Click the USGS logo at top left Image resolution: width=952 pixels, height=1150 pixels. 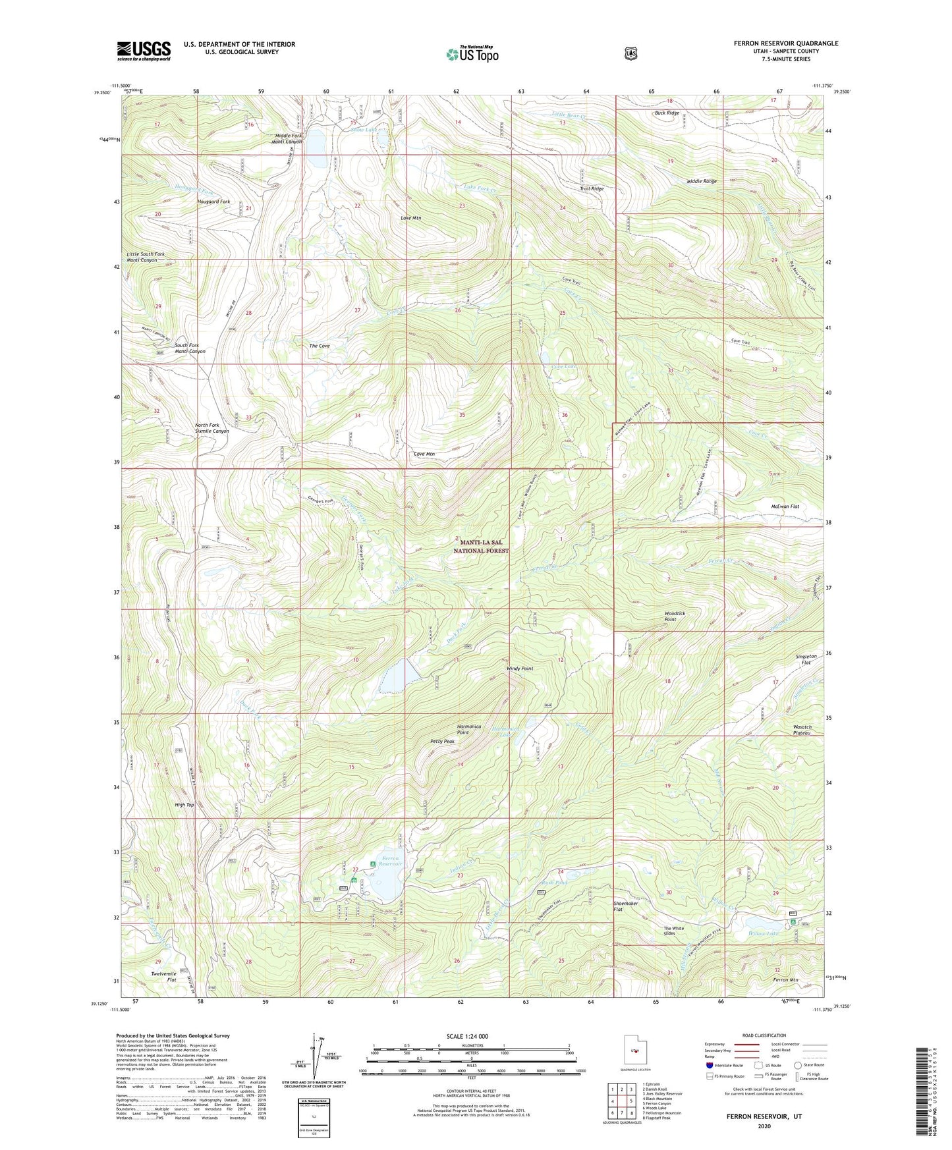144,51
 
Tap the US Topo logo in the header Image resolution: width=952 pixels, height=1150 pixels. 471,54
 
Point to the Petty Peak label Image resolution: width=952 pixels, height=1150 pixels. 442,741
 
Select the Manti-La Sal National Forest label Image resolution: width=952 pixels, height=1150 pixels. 481,546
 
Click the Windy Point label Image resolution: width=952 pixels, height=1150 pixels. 520,669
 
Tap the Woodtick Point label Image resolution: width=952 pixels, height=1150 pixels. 675,616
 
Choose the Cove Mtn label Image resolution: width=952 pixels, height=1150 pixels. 424,454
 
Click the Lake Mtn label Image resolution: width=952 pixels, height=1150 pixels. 410,217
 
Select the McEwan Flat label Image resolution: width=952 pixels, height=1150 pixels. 785,507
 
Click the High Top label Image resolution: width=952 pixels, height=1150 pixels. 184,805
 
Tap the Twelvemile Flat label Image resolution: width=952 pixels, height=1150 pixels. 163,977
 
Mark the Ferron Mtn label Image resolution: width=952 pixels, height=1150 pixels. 785,980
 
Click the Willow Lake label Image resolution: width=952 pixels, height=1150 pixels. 763,933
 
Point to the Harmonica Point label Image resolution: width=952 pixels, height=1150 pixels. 472,729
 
